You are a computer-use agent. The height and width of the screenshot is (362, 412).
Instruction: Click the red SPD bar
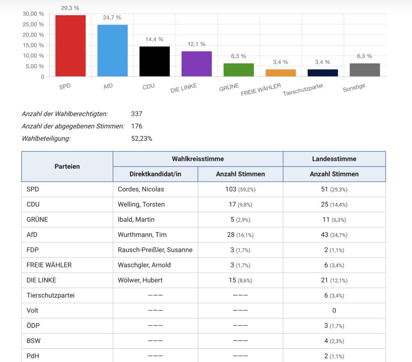coord(70,45)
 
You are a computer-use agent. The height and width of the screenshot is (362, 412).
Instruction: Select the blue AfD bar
coord(112,50)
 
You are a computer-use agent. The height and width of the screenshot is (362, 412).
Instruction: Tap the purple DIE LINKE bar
coord(196,63)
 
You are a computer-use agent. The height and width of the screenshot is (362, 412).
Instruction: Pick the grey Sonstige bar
coord(365,70)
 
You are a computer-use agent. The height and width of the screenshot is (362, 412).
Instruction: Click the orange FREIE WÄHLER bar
coord(280,73)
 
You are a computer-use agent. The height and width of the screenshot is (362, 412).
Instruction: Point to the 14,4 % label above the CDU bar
coord(154,39)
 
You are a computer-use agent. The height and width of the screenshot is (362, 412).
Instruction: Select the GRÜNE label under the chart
coord(229,87)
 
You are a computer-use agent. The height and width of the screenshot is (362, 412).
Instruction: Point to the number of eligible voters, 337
coord(137,114)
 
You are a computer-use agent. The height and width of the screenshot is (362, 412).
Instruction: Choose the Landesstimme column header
coord(334,159)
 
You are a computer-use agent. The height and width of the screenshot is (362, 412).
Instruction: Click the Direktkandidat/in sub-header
coord(155,174)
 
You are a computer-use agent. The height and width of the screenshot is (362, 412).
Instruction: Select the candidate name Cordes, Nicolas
coord(141,189)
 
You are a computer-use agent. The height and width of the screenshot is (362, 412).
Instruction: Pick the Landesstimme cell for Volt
coord(334,311)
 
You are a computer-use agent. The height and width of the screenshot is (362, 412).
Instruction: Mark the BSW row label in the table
coord(33,341)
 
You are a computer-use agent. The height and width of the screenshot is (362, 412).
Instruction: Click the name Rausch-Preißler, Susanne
coord(155,250)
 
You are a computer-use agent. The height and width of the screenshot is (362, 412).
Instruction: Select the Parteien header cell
coord(67,166)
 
